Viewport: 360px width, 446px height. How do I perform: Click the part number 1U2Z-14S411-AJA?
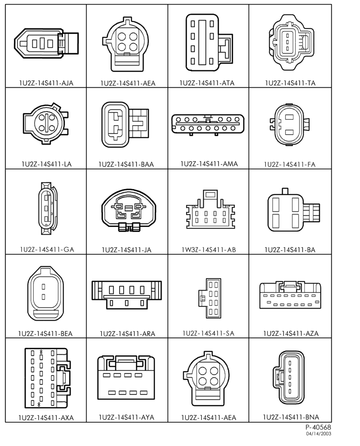(x=46, y=83)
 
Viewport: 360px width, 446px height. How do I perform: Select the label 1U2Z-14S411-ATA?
(x=207, y=83)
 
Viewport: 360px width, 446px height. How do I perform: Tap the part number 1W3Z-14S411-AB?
(x=209, y=250)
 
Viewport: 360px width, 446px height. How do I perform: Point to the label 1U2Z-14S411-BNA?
(x=291, y=417)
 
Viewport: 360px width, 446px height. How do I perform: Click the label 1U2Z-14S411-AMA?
(x=209, y=164)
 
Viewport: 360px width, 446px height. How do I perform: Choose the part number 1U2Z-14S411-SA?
(x=209, y=333)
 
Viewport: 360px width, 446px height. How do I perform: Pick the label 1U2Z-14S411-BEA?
(x=46, y=333)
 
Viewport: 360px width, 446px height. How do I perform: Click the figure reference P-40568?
(x=318, y=427)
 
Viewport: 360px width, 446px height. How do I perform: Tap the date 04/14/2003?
(x=318, y=434)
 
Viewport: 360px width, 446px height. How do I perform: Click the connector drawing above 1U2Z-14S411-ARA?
(x=127, y=295)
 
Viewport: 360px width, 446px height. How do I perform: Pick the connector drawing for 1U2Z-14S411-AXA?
(x=47, y=378)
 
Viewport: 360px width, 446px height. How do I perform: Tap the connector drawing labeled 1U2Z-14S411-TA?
(x=291, y=43)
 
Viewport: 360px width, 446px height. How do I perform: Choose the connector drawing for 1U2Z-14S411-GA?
(x=47, y=209)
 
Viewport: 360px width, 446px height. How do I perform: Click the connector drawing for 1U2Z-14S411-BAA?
(x=125, y=124)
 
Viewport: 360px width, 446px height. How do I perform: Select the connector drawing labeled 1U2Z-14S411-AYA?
(x=126, y=377)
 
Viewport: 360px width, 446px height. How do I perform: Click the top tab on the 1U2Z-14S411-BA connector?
(x=285, y=191)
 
